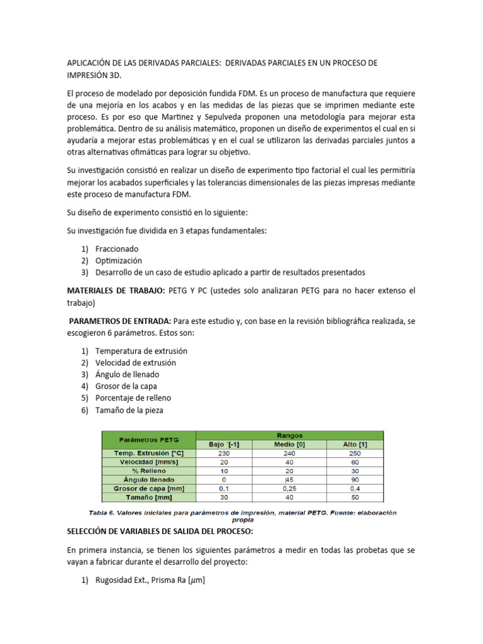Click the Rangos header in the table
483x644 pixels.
289,435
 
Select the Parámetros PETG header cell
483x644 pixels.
148,439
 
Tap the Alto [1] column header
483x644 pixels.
355,444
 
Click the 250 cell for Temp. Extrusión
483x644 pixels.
355,453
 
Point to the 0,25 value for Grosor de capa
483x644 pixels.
290,488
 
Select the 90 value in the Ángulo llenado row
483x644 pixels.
355,479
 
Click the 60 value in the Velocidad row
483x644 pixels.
355,462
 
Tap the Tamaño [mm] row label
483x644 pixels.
148,497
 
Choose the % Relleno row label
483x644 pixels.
148,470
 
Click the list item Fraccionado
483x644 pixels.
117,249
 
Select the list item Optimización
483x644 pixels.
118,260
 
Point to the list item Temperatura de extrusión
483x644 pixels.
141,351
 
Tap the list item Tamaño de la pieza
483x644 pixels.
129,410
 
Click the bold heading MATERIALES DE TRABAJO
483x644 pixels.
116,291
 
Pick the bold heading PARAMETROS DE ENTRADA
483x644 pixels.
119,321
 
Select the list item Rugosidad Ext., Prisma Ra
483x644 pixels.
150,581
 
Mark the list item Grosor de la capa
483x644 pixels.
126,386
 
